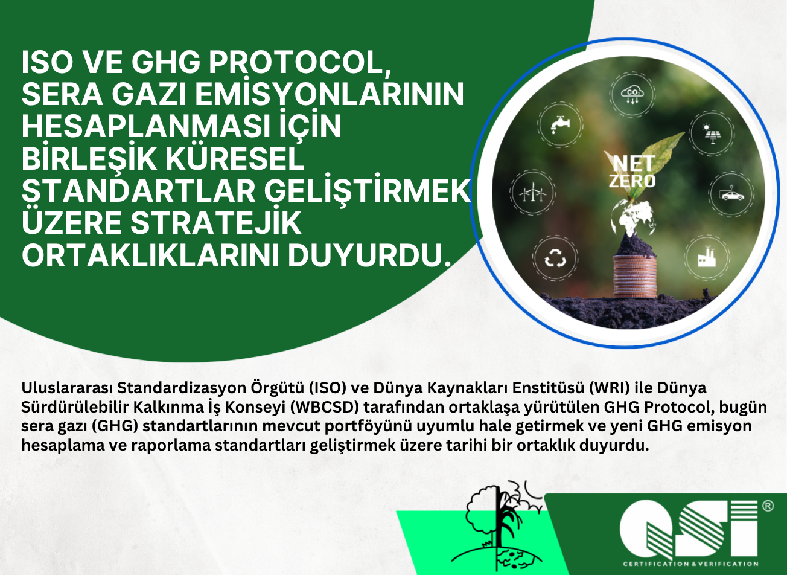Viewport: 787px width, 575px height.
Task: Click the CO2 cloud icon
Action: coord(633,95)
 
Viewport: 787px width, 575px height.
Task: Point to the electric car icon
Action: coord(731,194)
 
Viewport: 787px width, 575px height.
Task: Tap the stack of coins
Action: coord(634,275)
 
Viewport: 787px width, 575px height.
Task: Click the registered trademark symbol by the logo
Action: coord(768,506)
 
